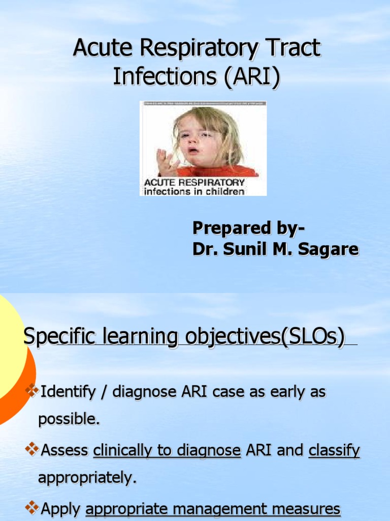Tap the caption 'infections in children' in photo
[194, 191]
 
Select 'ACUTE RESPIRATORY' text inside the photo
[194, 183]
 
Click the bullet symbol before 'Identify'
[32, 391]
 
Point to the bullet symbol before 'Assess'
[32, 450]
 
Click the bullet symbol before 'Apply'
[32, 508]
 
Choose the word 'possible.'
[67, 420]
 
